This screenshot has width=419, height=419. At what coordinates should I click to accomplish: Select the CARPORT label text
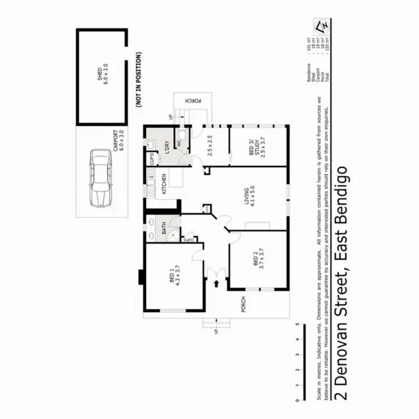click(116, 142)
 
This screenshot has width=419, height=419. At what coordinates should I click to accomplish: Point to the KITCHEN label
click(163, 184)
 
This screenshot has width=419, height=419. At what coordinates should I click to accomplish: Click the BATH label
click(164, 228)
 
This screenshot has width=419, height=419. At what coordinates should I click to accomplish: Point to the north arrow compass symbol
click(321, 26)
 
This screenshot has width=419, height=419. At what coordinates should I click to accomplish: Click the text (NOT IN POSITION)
click(138, 79)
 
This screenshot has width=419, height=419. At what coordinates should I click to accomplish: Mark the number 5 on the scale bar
click(299, 324)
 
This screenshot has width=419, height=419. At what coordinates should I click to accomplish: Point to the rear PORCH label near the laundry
click(192, 101)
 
